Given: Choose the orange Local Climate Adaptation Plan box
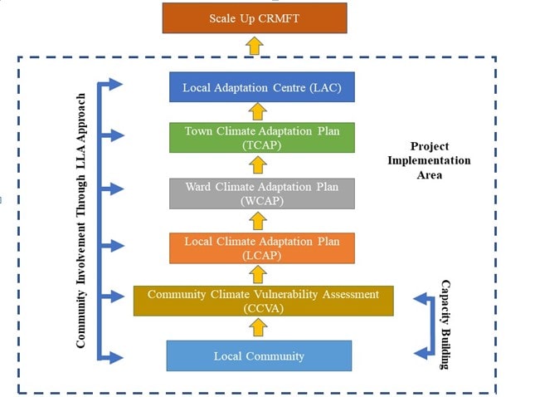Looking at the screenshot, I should (262, 248).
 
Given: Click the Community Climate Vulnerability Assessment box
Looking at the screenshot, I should (263, 301).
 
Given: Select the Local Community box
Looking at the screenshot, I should (259, 355).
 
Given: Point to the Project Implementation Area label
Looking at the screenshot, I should (440, 160).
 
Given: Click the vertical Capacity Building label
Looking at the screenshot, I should (445, 324).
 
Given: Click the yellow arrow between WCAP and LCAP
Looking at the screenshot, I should (259, 220).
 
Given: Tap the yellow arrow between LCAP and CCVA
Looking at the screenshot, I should (259, 274).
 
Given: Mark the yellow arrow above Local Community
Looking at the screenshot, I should (259, 328).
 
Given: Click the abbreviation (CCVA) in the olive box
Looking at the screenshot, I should (263, 307).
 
